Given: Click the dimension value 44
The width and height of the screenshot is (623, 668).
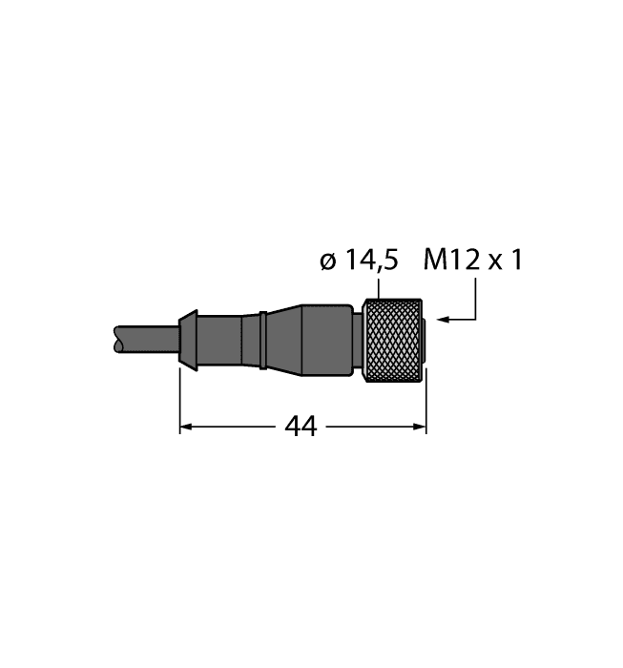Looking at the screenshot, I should [x=301, y=428].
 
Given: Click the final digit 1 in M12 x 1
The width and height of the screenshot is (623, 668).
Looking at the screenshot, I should [x=516, y=261].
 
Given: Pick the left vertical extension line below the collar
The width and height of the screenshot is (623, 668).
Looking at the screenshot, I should [x=180, y=401].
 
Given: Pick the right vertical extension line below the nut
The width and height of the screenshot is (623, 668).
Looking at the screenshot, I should [x=426, y=401].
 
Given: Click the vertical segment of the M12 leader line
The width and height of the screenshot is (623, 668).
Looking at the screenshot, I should [x=474, y=302].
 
